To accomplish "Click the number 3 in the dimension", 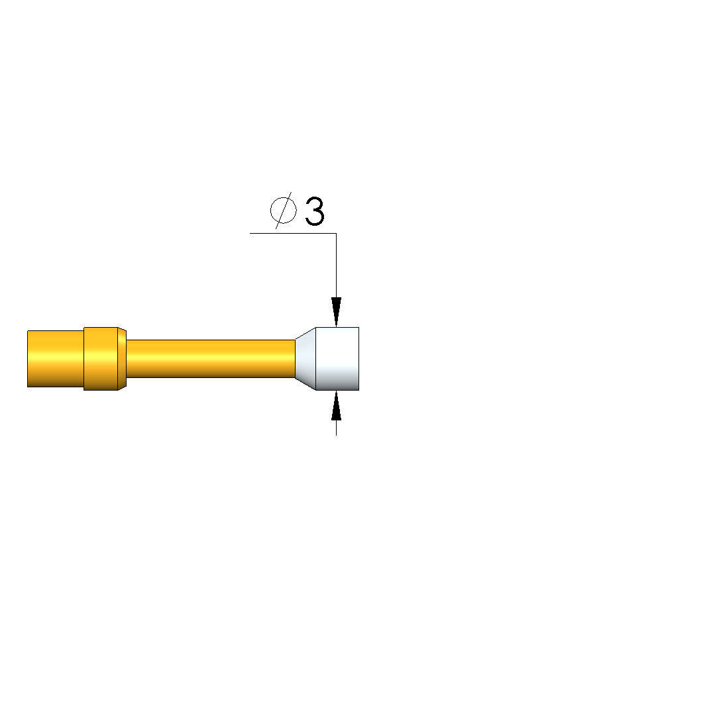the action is click(314, 211).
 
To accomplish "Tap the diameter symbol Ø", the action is click(283, 211).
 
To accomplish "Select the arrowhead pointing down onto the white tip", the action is click(337, 312).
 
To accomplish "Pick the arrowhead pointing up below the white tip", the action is click(337, 405).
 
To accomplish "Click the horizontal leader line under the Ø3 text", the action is click(293, 233).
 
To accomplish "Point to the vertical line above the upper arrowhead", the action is click(337, 265).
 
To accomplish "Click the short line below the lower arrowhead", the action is click(337, 428).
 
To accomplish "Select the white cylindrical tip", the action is click(337, 359).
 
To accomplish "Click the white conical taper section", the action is click(305, 359).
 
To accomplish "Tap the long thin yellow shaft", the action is click(211, 359).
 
